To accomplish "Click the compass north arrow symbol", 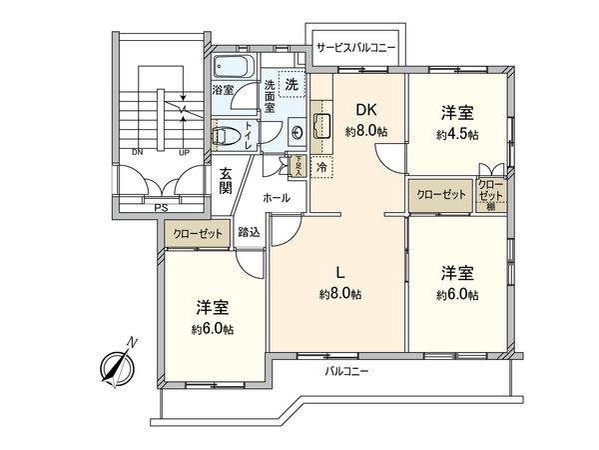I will (x=118, y=366).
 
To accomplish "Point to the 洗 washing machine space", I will (x=291, y=85).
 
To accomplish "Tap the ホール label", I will (x=277, y=198).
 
